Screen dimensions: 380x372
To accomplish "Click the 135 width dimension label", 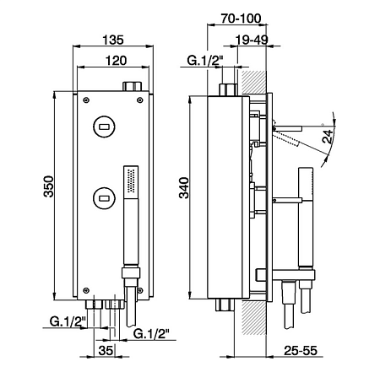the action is pos(113,40).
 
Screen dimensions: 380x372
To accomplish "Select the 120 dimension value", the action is pos(116,61).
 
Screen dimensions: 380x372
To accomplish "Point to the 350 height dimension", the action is pos(48,186).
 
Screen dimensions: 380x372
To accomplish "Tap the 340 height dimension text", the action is pos(184,188).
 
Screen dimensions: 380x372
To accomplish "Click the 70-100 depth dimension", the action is pos(241,19).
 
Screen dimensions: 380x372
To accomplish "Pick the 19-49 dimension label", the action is pos(252,40).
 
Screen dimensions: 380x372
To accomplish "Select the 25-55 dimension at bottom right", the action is pos(301,350).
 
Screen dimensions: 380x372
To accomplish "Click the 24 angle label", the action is pos(328,137).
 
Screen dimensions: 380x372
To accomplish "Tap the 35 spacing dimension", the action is pos(106,350).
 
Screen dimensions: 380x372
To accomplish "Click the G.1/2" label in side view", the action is pos(205,61).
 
